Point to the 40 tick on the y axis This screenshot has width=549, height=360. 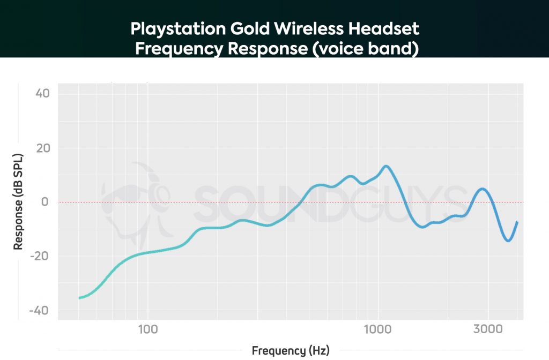(42, 94)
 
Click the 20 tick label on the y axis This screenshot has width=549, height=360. (42, 148)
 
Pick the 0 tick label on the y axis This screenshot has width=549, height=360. (46, 202)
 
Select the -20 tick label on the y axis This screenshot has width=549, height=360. (41, 257)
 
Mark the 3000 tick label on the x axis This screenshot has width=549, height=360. (487, 328)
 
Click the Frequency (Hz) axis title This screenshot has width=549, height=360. (290, 351)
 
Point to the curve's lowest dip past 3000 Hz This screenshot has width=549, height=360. (508, 241)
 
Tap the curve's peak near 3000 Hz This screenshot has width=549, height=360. (483, 189)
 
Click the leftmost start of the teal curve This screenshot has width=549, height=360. (79, 298)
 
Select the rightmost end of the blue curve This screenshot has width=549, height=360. (517, 222)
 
